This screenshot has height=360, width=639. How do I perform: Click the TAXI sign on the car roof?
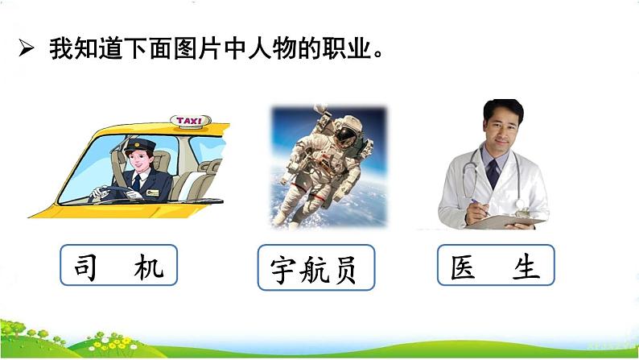190,122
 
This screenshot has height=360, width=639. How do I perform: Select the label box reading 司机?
117,266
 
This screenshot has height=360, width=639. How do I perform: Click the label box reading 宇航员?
318,269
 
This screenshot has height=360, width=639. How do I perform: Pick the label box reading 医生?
496,266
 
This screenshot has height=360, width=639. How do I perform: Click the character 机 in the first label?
150,267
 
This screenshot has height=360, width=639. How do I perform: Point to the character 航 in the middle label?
318,270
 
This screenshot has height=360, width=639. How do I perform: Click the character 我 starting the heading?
62,48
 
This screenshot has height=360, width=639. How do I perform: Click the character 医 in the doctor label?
464,267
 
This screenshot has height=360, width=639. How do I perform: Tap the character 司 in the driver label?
86,267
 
